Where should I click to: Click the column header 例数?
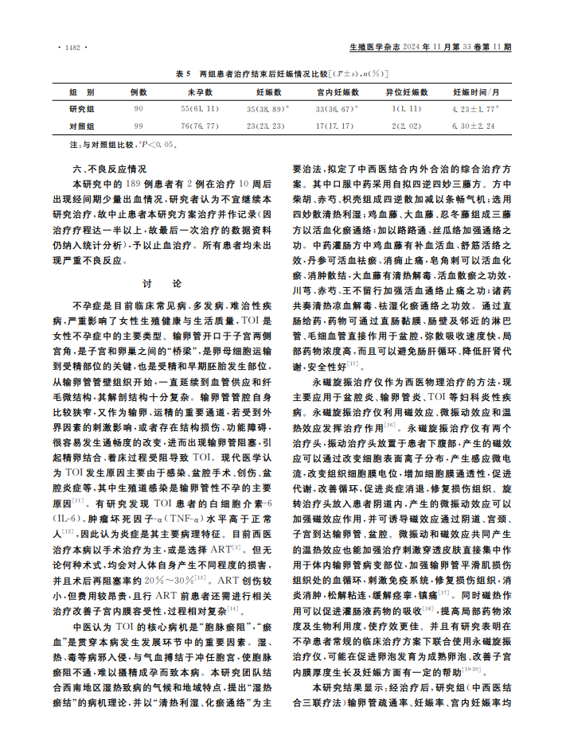coord(139,92)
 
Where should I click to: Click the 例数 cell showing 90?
coord(139,109)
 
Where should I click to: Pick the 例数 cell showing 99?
coord(139,126)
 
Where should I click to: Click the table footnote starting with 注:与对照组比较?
coord(127,146)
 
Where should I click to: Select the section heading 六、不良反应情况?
coord(109,169)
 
